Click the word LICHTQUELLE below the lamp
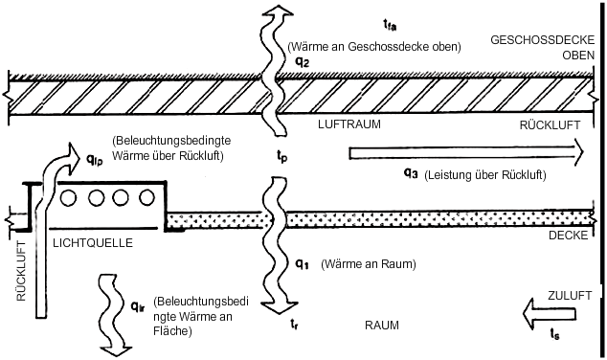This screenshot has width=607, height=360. pyautogui.click(x=93, y=243)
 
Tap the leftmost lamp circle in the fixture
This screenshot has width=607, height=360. pyautogui.click(x=69, y=198)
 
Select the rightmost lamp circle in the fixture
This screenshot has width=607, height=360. pyautogui.click(x=146, y=198)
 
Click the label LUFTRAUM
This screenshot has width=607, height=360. pyautogui.click(x=349, y=124)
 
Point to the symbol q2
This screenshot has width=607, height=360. pyautogui.click(x=303, y=62)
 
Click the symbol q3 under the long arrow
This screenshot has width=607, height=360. pyautogui.click(x=411, y=174)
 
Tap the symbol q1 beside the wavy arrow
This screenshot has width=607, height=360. pyautogui.click(x=302, y=264)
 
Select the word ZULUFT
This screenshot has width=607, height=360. pyautogui.click(x=570, y=295)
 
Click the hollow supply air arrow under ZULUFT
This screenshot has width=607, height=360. pyautogui.click(x=549, y=313)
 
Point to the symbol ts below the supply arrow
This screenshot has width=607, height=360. pyautogui.click(x=554, y=334)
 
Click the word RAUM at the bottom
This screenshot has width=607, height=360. pyautogui.click(x=382, y=326)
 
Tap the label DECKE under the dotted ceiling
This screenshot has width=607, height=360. pyautogui.click(x=568, y=236)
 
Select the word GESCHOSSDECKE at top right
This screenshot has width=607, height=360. pyautogui.click(x=542, y=40)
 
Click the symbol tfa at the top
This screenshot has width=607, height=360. pyautogui.click(x=390, y=25)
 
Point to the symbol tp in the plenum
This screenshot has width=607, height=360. pyautogui.click(x=281, y=156)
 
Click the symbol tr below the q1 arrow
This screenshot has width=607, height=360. pyautogui.click(x=294, y=324)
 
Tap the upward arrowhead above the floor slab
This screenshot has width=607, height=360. pyautogui.click(x=278, y=11)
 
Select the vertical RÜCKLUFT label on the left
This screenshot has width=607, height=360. pyautogui.click(x=21, y=271)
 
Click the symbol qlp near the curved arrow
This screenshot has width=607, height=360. pyautogui.click(x=94, y=159)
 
